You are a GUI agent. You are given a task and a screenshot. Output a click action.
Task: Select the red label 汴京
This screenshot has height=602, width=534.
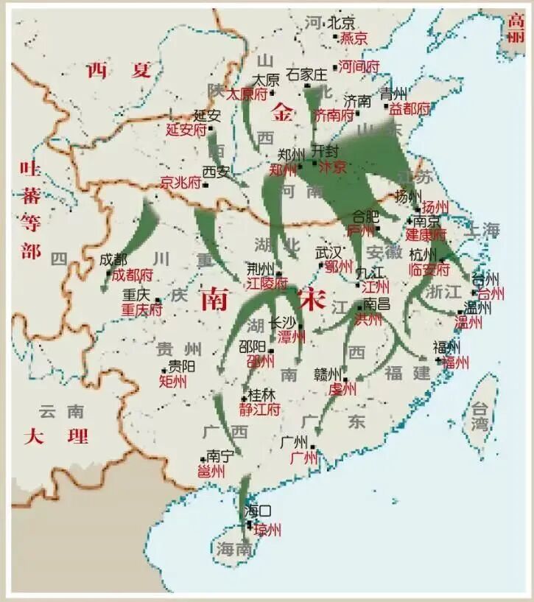tap(331, 167)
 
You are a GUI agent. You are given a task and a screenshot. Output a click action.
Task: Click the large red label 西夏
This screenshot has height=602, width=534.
tap(119, 71)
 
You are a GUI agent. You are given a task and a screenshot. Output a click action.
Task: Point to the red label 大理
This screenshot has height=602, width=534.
tap(56, 435)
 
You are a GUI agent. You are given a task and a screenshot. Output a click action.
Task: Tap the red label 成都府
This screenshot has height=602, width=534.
tap(132, 275)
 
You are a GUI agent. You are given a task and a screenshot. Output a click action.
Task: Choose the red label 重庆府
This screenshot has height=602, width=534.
tap(141, 310)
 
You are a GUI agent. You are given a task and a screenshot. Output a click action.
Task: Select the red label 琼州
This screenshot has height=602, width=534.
tap(267, 530)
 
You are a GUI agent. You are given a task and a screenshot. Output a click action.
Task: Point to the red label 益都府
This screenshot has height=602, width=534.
tap(410, 108)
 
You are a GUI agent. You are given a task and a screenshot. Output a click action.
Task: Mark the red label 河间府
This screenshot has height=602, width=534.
tap(359, 66)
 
